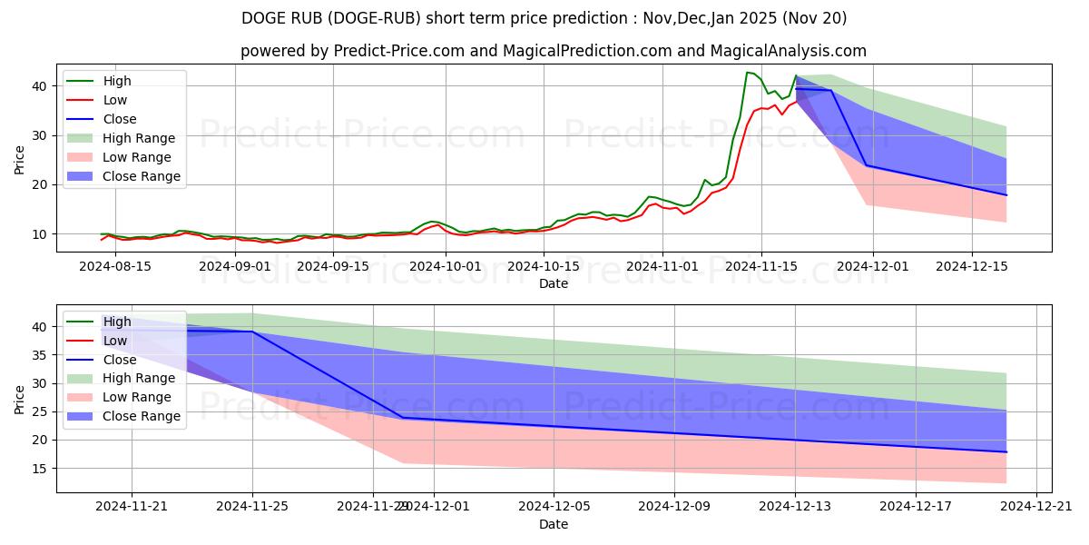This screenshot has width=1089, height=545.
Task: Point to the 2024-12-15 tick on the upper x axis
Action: [972, 266]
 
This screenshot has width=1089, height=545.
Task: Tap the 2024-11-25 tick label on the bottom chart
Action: [252, 507]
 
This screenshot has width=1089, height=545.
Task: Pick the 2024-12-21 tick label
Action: [1036, 507]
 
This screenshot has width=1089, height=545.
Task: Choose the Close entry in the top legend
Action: [120, 119]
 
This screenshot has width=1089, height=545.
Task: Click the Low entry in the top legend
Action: [115, 100]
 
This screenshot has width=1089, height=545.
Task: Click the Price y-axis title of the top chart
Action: [20, 158]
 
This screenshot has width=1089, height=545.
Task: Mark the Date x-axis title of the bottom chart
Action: [554, 524]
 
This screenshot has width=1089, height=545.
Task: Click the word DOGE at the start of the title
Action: [262, 18]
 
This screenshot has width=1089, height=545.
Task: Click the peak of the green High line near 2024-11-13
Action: [747, 73]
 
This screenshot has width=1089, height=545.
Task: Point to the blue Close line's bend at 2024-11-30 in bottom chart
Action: [403, 418]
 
